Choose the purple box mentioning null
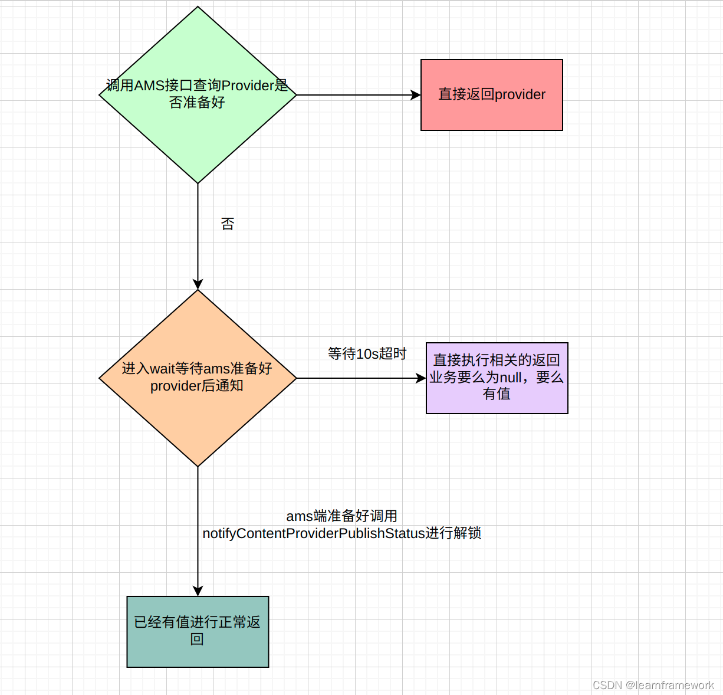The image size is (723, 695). pyautogui.click(x=497, y=378)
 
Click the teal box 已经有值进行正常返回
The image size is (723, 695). pyautogui.click(x=198, y=631)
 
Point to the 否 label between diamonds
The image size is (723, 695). pyautogui.click(x=228, y=224)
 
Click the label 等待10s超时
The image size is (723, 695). pyautogui.click(x=367, y=353)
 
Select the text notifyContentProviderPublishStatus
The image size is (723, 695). pyautogui.click(x=314, y=533)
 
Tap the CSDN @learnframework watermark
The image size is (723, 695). pyautogui.click(x=653, y=685)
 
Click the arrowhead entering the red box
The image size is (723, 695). pyautogui.click(x=416, y=95)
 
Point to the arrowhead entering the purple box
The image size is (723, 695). pyautogui.click(x=421, y=378)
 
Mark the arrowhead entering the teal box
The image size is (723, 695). pyautogui.click(x=198, y=591)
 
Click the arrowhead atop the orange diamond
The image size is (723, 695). pyautogui.click(x=198, y=284)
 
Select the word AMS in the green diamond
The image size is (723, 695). pyautogui.click(x=150, y=86)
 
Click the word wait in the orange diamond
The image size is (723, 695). pyautogui.click(x=163, y=369)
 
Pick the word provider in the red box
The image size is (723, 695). pyautogui.click(x=520, y=94)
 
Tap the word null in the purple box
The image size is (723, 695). pyautogui.click(x=510, y=377)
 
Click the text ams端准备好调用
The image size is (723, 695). pyautogui.click(x=341, y=516)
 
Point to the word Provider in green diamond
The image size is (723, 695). pyautogui.click(x=248, y=86)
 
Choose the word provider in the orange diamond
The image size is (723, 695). pyautogui.click(x=175, y=386)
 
